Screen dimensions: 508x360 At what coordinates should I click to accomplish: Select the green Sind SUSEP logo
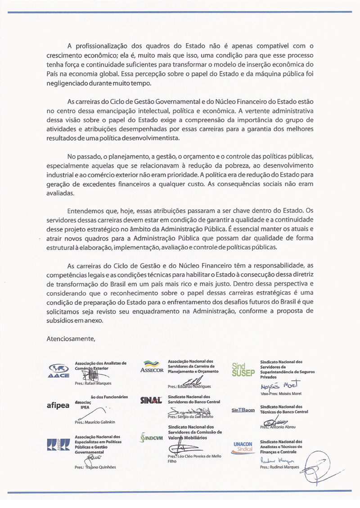click(243, 370)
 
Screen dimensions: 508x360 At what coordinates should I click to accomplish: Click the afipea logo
click(58, 405)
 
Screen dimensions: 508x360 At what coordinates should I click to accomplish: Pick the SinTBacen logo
click(243, 410)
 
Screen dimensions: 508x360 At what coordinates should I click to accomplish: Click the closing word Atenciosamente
click(71, 339)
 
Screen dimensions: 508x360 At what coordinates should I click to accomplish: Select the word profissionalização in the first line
click(106, 45)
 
